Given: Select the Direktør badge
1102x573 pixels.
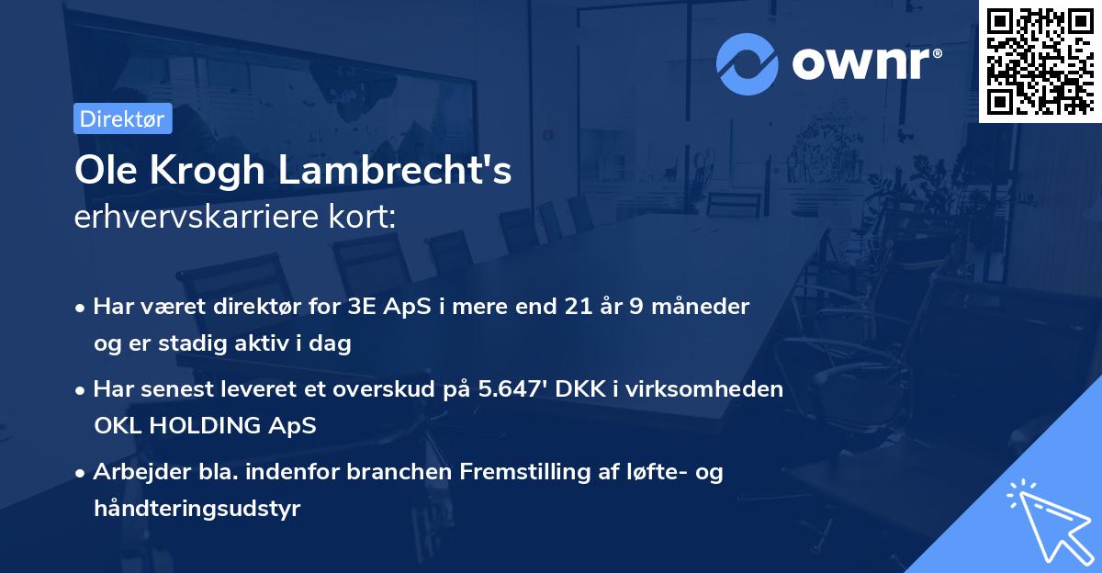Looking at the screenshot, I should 121,118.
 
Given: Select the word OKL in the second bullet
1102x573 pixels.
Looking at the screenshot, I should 114,426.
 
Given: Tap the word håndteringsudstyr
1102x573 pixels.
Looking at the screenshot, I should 197,509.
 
